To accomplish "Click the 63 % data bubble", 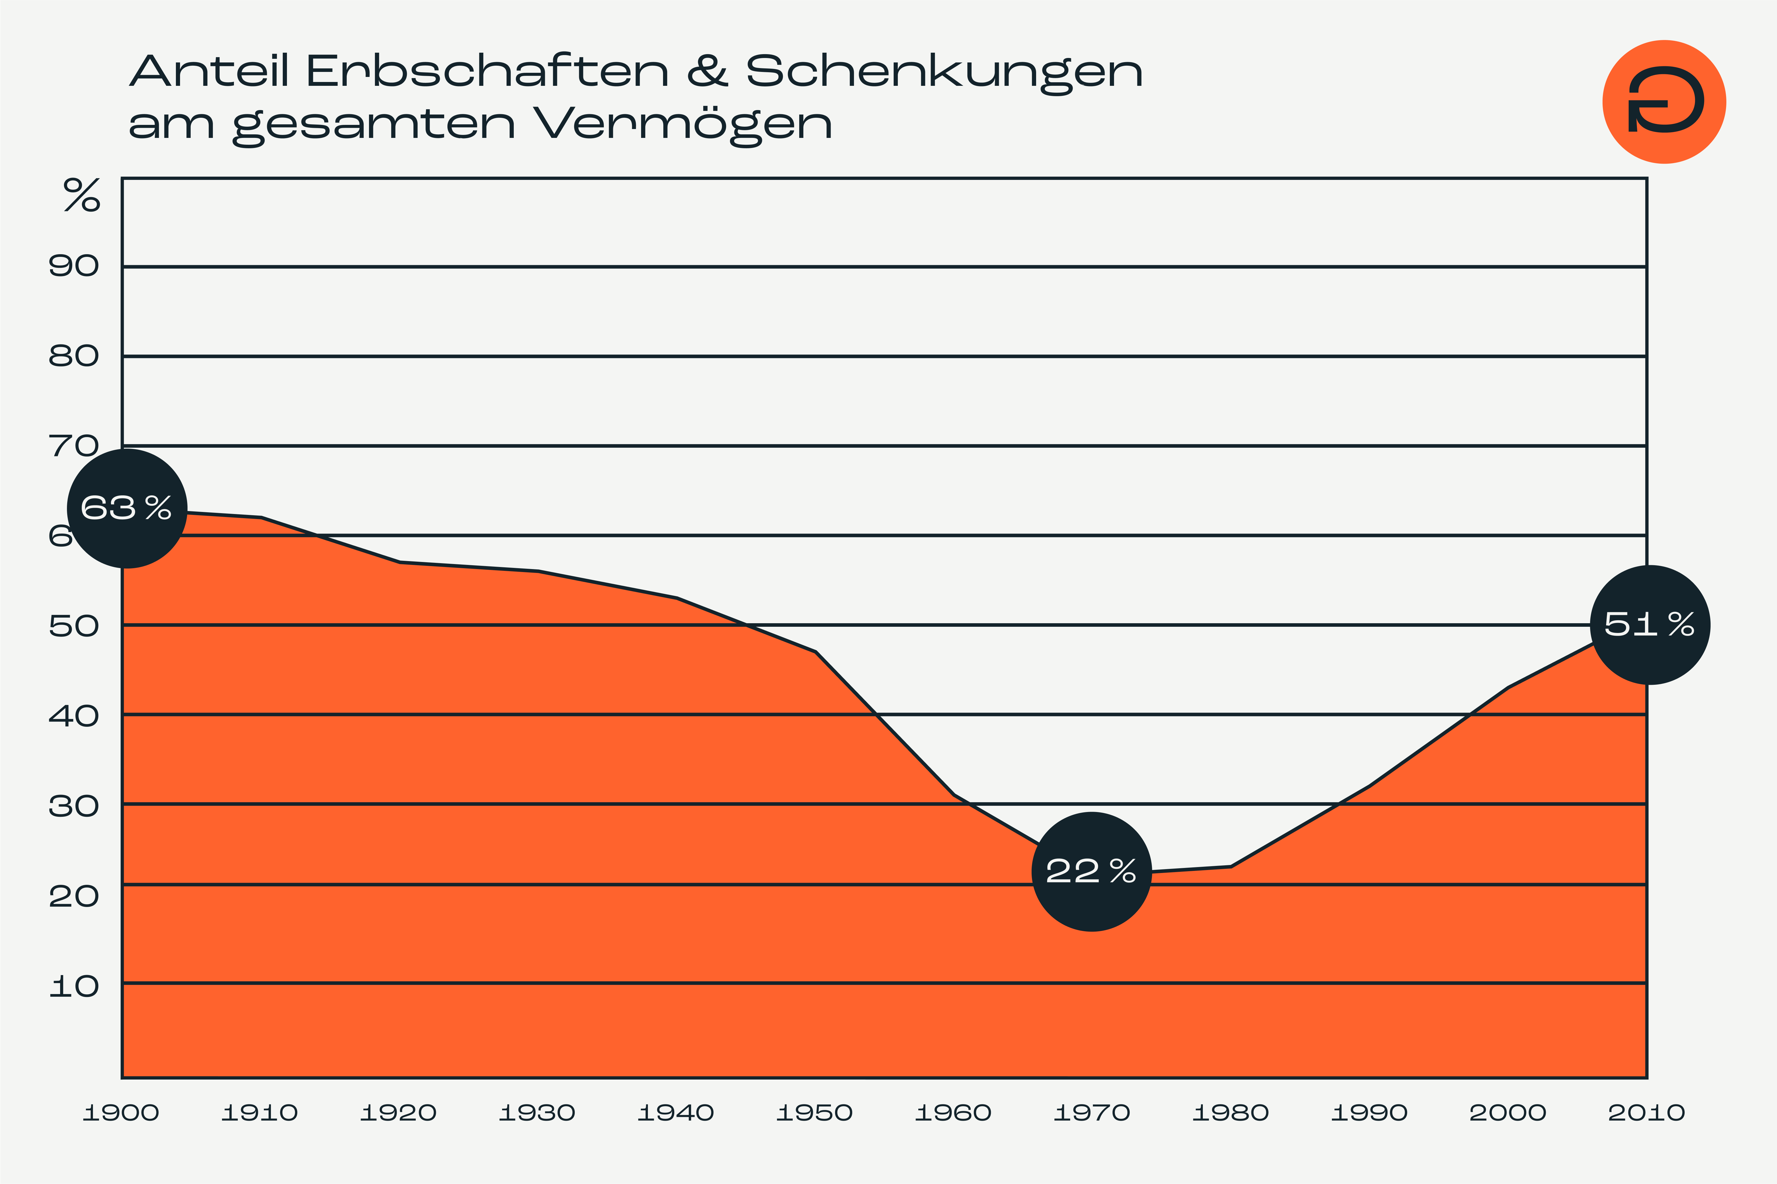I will pyautogui.click(x=127, y=508).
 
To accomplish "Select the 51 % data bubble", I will pyautogui.click(x=1650, y=624).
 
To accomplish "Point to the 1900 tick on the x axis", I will pyautogui.click(x=121, y=1112).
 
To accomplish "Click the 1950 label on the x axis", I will pyautogui.click(x=814, y=1112).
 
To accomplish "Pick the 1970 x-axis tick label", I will pyautogui.click(x=1092, y=1112).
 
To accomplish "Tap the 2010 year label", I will pyautogui.click(x=1646, y=1112).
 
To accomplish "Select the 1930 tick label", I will pyautogui.click(x=537, y=1112).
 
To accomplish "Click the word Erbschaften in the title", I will pyautogui.click(x=487, y=72).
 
